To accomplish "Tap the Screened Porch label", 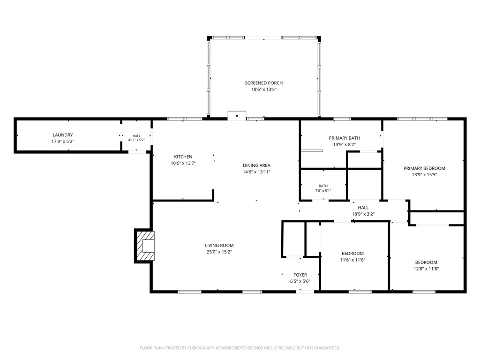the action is [263, 83].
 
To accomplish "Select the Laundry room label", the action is [63, 135].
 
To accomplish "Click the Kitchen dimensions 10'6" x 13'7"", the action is [183, 163].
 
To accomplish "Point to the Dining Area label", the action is [256, 165].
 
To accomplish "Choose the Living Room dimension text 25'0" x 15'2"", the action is [219, 252].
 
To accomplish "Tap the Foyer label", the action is [300, 275].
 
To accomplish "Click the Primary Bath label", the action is [345, 138].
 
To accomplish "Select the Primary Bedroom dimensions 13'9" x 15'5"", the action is [424, 175].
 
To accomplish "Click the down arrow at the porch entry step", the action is [237, 115].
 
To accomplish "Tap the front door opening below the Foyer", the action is [305, 292].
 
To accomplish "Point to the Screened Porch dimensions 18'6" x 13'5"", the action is [263, 90].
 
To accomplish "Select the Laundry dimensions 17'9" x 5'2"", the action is [63, 142].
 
